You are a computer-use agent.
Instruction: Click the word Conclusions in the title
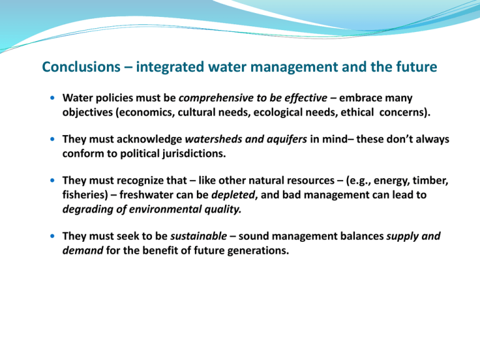click(x=81, y=67)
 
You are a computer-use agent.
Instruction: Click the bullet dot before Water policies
click(x=52, y=98)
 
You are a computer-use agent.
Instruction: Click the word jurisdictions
click(x=194, y=153)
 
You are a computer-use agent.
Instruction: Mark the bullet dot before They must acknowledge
click(x=52, y=139)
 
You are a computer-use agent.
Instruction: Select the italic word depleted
click(x=233, y=195)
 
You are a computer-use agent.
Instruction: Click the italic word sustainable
click(x=199, y=236)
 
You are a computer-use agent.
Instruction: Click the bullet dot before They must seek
click(x=52, y=236)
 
